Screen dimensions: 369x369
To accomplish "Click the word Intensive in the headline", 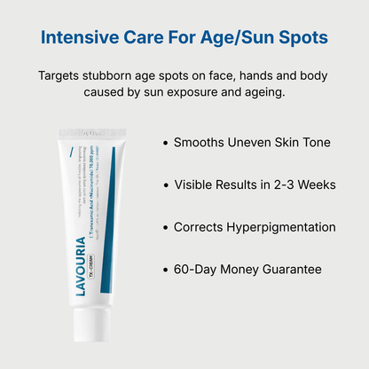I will (x=82, y=39).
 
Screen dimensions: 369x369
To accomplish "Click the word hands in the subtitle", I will (x=252, y=75).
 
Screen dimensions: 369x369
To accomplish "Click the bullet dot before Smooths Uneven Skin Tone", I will (x=165, y=143).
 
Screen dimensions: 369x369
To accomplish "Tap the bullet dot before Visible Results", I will (x=165, y=185).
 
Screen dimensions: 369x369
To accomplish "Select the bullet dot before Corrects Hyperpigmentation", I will (x=165, y=228).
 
